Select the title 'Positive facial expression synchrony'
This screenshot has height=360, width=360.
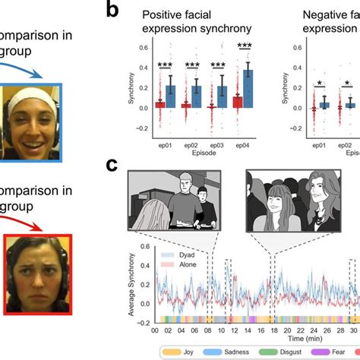tap(199, 21)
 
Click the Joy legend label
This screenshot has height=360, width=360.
tap(192, 352)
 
